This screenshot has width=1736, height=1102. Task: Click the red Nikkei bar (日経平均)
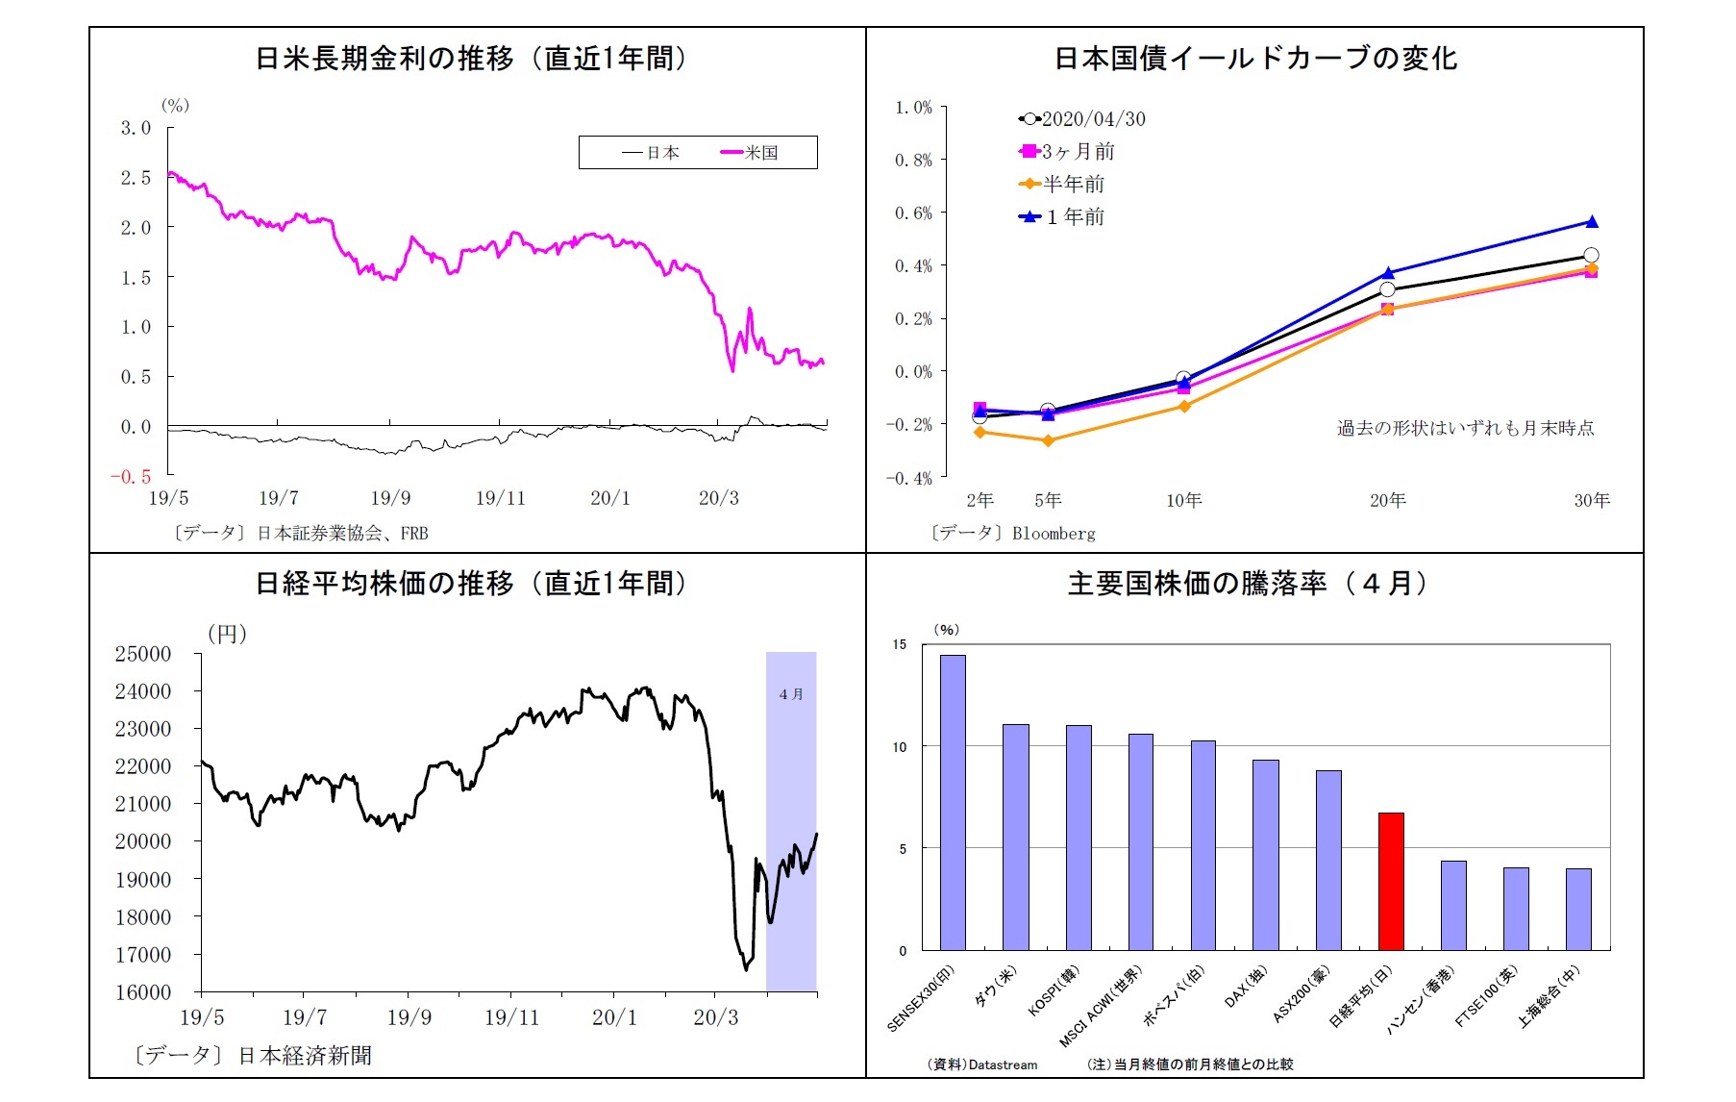click(x=1391, y=881)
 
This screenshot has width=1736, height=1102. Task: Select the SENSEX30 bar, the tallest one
click(x=953, y=802)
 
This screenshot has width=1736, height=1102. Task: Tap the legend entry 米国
click(x=760, y=153)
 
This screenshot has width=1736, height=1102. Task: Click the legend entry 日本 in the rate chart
click(x=662, y=153)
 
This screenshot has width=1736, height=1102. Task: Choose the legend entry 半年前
click(x=1074, y=184)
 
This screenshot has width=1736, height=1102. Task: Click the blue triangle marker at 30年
click(x=1592, y=222)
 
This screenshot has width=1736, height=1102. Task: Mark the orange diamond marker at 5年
click(x=1048, y=440)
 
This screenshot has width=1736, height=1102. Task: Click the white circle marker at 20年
click(x=1387, y=289)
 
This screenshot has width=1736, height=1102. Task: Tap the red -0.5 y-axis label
click(x=131, y=477)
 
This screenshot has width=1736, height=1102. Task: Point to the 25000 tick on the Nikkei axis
click(x=142, y=654)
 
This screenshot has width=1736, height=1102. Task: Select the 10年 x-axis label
click(x=1183, y=500)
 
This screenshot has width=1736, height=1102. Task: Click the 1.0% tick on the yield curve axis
click(x=913, y=108)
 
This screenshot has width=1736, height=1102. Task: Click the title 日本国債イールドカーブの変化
click(x=1255, y=59)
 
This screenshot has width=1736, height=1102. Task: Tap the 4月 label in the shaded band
click(x=791, y=694)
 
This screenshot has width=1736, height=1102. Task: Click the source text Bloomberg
click(x=1054, y=534)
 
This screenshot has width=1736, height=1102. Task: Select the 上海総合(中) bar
click(x=1578, y=909)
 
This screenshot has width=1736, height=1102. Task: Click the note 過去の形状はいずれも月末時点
click(x=1465, y=428)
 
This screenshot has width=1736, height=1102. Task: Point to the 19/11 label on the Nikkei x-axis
click(x=511, y=1017)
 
